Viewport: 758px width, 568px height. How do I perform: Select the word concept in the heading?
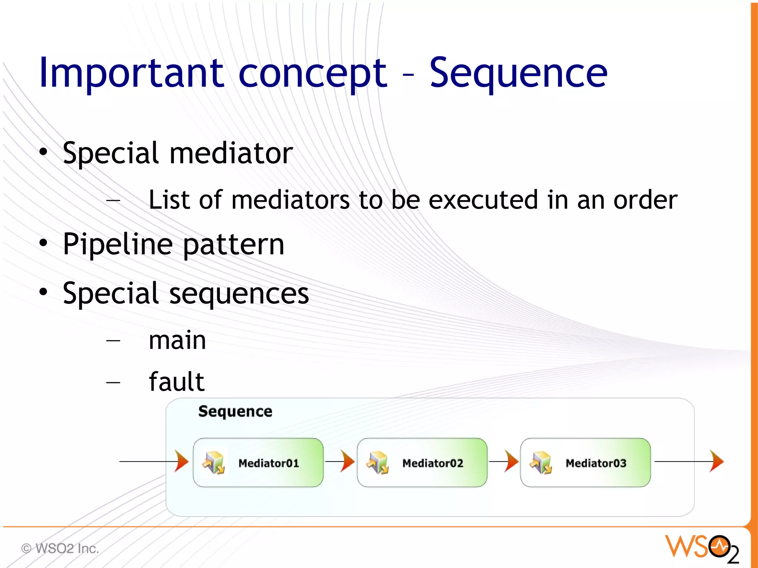pyautogui.click(x=313, y=74)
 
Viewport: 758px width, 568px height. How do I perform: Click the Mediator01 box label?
pyautogui.click(x=269, y=463)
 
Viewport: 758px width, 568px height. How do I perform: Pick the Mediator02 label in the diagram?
pyautogui.click(x=433, y=463)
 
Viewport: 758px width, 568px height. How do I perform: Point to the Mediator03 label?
pyautogui.click(x=596, y=463)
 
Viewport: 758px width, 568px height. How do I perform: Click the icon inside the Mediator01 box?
pyautogui.click(x=214, y=463)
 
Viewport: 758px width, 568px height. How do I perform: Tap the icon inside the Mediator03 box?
pyautogui.click(x=541, y=463)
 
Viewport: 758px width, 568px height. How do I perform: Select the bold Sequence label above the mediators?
pyautogui.click(x=235, y=411)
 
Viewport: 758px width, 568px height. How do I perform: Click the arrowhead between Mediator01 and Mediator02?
pyautogui.click(x=347, y=461)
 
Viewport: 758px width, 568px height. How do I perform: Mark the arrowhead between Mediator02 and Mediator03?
pyautogui.click(x=511, y=461)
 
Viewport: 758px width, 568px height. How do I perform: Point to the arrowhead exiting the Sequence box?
pyautogui.click(x=717, y=461)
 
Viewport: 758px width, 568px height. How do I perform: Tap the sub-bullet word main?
pyautogui.click(x=177, y=340)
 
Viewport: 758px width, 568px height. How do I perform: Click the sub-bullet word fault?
pyautogui.click(x=177, y=382)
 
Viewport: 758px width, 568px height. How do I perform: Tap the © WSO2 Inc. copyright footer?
pyautogui.click(x=60, y=548)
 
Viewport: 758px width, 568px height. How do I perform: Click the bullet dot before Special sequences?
pyautogui.click(x=44, y=292)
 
